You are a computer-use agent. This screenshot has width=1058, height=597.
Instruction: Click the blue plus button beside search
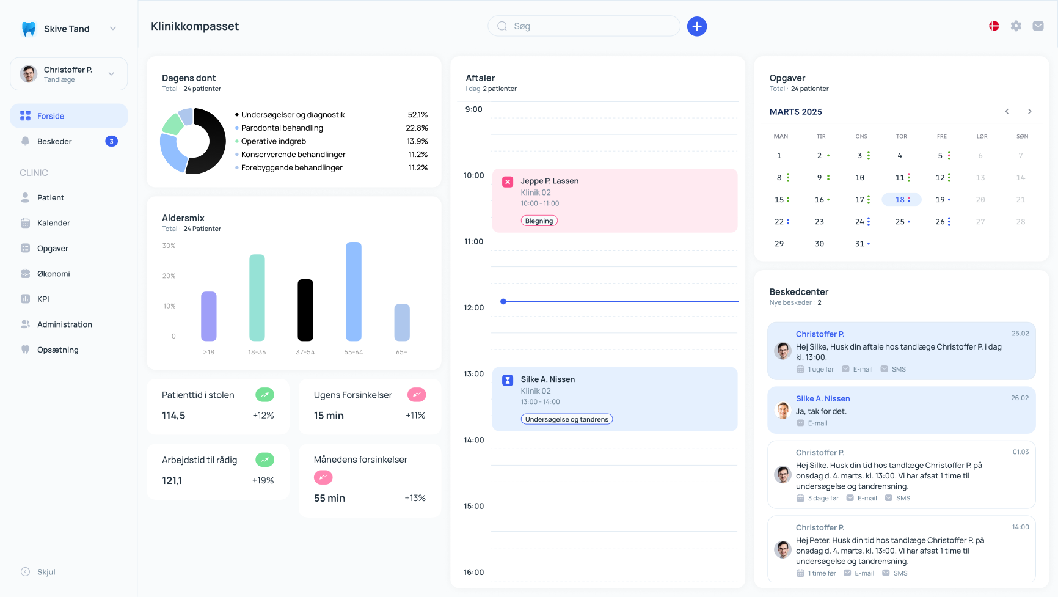(697, 26)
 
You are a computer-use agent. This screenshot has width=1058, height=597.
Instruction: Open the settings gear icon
(1016, 26)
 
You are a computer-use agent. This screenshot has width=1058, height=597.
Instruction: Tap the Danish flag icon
(994, 26)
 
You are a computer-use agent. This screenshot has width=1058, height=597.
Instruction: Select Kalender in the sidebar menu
(54, 223)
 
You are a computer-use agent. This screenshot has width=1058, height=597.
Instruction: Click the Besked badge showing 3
(111, 141)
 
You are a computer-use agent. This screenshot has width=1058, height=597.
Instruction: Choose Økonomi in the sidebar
(54, 274)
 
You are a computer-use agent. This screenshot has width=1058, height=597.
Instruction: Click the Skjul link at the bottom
(46, 572)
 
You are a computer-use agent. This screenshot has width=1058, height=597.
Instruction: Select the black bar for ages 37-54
(305, 310)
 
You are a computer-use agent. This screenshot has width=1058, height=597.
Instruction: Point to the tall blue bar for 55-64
(354, 291)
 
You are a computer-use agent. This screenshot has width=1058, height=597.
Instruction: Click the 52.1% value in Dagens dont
(418, 115)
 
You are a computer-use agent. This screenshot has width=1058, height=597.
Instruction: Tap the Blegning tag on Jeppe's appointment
(539, 221)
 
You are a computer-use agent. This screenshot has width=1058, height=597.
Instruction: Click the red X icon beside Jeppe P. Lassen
(508, 181)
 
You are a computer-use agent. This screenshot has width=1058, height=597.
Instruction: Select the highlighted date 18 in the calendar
(901, 200)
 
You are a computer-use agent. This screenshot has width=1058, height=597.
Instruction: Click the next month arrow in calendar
(1029, 111)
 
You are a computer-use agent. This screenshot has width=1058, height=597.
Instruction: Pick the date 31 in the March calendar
(859, 244)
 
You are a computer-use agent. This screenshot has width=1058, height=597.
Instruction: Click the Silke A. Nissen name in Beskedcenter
(823, 398)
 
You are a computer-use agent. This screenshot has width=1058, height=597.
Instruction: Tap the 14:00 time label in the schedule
(473, 440)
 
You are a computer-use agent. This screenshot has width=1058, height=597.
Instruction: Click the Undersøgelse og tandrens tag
(567, 419)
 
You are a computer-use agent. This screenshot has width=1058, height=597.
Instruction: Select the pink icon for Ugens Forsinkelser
(417, 395)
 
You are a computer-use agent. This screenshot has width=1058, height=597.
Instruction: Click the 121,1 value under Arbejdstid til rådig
(172, 481)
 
